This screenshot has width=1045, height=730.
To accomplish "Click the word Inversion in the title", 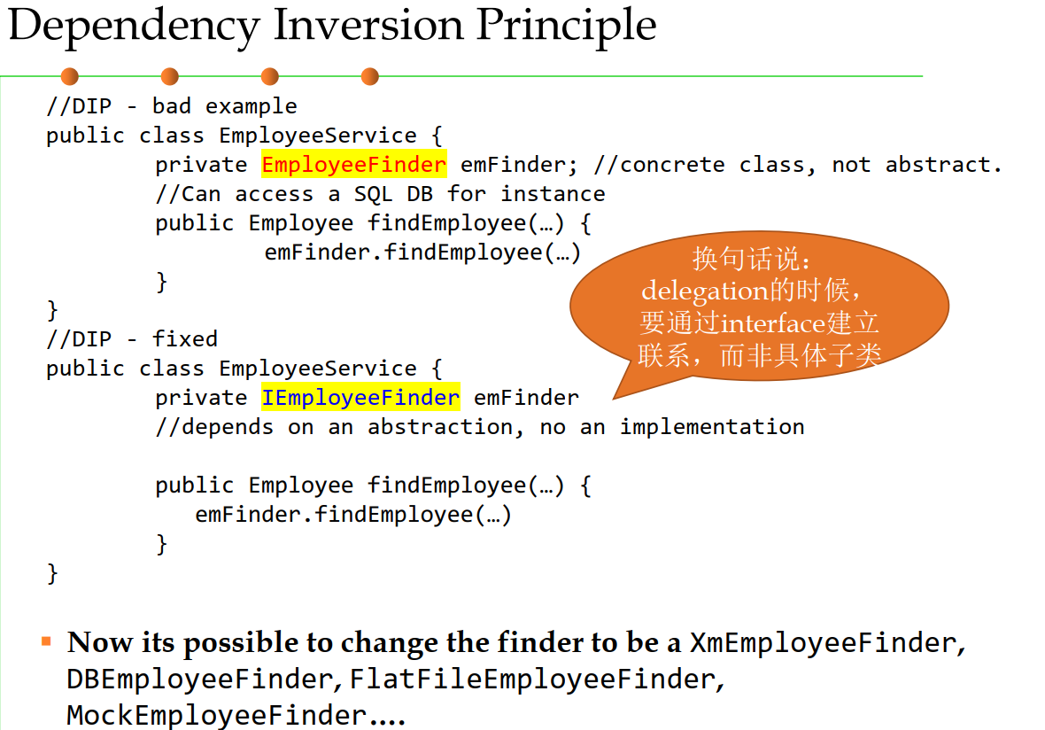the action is [x=368, y=26].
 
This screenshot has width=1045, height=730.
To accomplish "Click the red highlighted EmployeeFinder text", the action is [x=354, y=165].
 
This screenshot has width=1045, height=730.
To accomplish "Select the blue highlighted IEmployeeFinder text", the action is [x=360, y=397].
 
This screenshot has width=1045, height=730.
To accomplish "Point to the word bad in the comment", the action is [x=172, y=105].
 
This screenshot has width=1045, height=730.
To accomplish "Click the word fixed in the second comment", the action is [x=184, y=338].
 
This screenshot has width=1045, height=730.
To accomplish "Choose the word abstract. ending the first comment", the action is [x=943, y=164].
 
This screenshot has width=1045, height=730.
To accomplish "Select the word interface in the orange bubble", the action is [x=773, y=323].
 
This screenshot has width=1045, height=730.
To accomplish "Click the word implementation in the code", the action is [x=712, y=427].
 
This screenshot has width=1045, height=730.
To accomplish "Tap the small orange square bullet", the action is [x=46, y=641].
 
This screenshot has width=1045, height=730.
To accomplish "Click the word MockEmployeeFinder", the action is [x=217, y=715].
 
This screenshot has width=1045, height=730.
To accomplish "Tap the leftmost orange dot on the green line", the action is [x=69, y=77].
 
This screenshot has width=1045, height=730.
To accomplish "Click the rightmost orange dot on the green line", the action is [x=370, y=77].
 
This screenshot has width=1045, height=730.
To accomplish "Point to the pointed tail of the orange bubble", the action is [x=614, y=399].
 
